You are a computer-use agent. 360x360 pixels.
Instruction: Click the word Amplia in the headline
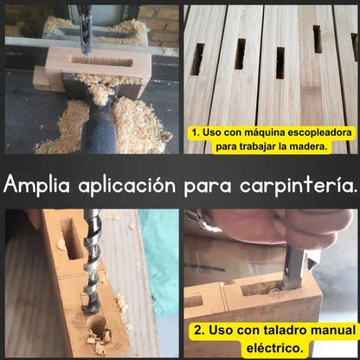[x=36, y=184]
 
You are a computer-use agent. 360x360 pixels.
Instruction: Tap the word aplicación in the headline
[x=127, y=185]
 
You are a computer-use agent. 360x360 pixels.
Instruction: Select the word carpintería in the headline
[x=299, y=185]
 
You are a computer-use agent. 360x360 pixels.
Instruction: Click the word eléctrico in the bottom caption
[x=274, y=348]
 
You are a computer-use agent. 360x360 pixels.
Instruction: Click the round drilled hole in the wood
[x=96, y=323]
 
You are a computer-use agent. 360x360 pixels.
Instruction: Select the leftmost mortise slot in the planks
[x=197, y=59]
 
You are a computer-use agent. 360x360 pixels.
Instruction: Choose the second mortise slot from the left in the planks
[x=240, y=54]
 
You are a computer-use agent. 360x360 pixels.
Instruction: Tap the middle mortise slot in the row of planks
[x=280, y=63]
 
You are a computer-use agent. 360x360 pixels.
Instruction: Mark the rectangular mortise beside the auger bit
[x=71, y=237]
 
